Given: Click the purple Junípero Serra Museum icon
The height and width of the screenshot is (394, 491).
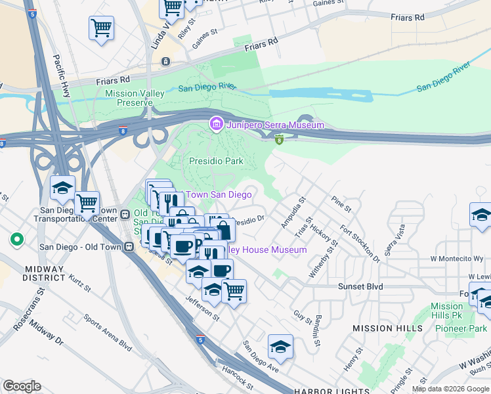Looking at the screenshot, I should tap(215, 124).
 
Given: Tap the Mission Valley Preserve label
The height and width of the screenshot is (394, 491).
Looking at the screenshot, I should tap(135, 98).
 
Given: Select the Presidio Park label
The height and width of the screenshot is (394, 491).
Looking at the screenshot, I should tap(216, 161).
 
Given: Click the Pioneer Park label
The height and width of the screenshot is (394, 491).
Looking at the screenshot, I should tap(465, 328).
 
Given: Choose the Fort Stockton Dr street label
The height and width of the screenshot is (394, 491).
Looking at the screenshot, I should tap(360, 244).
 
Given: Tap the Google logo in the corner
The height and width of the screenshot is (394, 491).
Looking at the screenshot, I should tap(22, 386).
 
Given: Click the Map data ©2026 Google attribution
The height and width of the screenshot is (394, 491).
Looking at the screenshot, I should tap(450, 389).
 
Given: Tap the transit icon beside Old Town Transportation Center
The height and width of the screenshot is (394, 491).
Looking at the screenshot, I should tap(124, 214).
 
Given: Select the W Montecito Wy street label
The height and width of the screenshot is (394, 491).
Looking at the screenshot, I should tap(457, 259).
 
